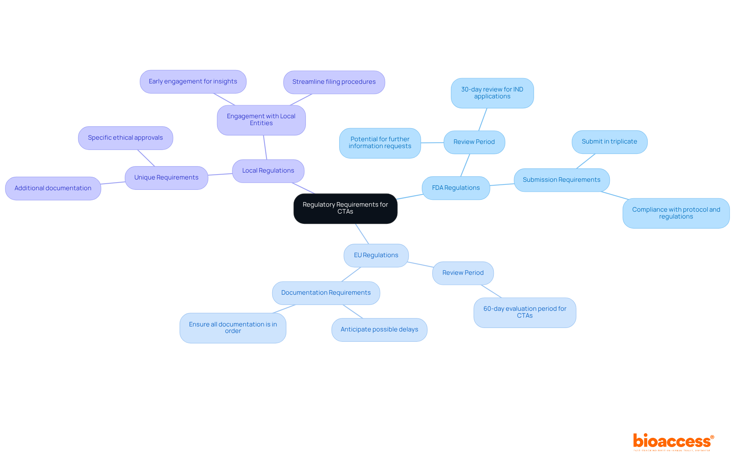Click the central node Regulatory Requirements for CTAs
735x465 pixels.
[345, 208]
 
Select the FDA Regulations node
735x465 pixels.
[456, 188]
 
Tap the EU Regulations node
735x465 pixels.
[376, 255]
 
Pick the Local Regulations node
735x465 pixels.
[268, 171]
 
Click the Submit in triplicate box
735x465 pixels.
[609, 142]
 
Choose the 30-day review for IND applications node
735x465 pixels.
[492, 93]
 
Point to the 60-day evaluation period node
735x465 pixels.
[524, 312]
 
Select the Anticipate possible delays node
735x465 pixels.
[379, 330]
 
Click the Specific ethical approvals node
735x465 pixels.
[125, 138]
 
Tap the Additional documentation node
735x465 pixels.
[53, 188]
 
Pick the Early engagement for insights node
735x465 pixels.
[193, 82]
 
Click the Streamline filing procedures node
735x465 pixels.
[334, 82]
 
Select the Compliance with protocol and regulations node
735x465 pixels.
[676, 213]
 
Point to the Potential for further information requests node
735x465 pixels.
[380, 143]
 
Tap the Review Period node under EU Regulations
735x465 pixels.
[463, 273]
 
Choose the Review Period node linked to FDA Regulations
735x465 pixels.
[474, 142]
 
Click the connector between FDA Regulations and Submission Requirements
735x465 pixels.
[502, 185]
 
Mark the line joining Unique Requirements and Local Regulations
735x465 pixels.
[220, 175]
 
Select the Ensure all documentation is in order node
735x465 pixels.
[233, 328]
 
